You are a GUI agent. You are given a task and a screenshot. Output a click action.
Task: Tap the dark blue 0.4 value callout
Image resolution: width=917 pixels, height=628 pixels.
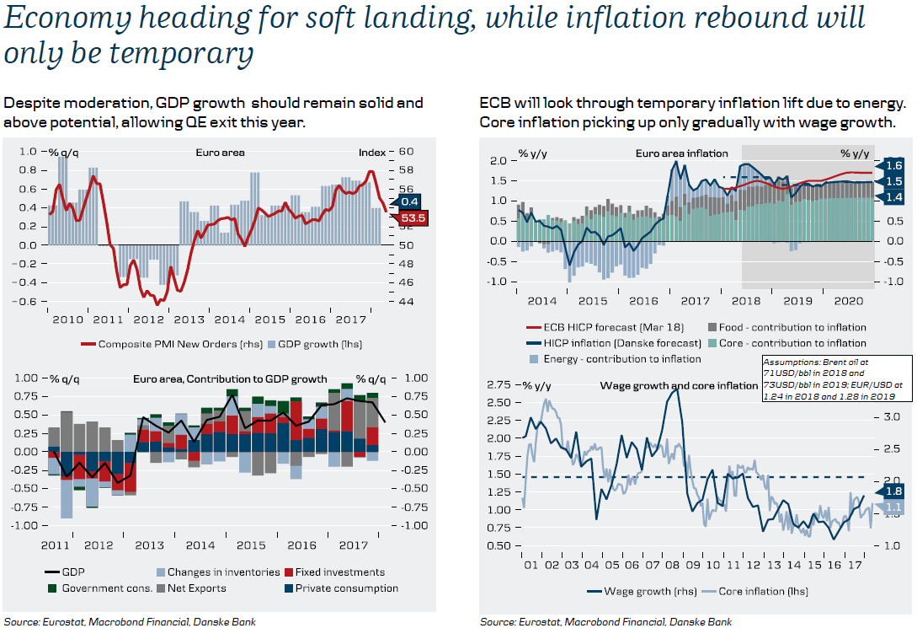(x=410, y=202)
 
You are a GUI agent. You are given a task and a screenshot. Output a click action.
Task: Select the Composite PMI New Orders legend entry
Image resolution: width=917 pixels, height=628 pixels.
(x=157, y=344)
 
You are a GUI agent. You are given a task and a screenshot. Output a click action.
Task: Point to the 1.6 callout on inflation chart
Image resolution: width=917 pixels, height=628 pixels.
(x=893, y=165)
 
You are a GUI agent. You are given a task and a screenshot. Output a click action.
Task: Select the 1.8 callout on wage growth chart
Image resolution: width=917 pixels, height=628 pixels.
(x=893, y=491)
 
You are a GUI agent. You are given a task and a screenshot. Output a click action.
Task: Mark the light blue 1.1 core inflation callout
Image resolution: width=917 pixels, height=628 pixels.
(x=893, y=507)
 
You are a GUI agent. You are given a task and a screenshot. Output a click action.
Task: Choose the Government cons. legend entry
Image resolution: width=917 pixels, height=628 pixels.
(x=106, y=588)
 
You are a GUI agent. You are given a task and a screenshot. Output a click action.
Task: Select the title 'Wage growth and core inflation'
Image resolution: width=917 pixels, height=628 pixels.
(x=679, y=385)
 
